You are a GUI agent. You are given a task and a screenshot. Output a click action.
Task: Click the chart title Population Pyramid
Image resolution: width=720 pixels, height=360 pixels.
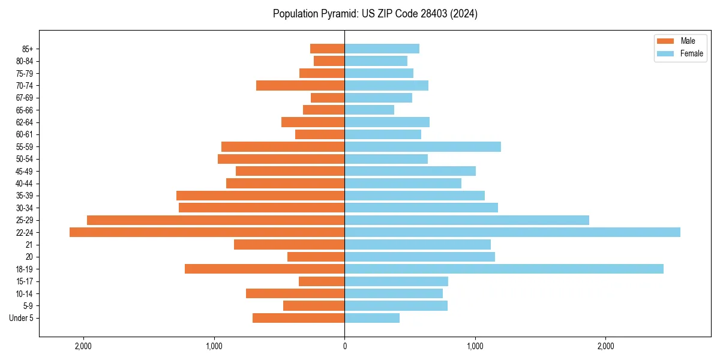point(375,14)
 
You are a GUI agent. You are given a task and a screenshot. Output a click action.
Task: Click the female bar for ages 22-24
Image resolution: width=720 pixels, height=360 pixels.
point(512,232)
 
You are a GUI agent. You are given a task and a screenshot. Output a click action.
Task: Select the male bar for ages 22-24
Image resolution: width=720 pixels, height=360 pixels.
point(207,232)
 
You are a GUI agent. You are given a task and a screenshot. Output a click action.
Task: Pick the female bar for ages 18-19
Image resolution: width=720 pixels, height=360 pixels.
point(504,269)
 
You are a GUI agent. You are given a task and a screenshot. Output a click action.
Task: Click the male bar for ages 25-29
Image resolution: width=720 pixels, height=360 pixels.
point(216,220)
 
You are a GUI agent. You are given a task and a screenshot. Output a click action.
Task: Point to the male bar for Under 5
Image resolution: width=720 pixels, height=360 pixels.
point(298,318)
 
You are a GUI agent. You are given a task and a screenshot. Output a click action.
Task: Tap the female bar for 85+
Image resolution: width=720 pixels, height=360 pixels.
point(382,49)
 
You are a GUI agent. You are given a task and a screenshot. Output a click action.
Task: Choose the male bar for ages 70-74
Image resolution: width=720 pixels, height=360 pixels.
point(300,85)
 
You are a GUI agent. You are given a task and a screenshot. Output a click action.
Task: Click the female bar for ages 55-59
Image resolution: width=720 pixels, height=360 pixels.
point(422,146)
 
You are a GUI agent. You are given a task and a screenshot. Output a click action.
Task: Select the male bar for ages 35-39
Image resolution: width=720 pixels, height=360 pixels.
point(260,196)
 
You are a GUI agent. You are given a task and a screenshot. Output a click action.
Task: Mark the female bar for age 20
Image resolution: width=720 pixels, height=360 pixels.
point(419,257)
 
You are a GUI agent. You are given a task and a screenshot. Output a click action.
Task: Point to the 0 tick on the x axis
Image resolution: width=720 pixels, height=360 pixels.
point(344,346)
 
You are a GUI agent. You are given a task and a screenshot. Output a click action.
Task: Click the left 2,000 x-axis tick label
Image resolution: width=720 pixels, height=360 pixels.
point(83,346)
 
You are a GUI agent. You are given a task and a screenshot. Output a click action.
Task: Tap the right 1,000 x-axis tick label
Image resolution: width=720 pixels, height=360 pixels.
point(475,346)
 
